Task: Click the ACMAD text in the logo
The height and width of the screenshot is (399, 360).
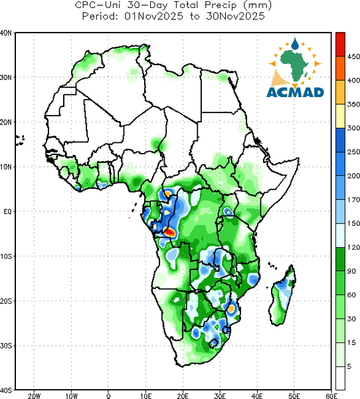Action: [x=296, y=92]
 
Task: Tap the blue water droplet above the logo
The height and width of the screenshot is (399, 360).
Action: [x=295, y=43]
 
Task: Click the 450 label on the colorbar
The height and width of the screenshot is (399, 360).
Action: [x=353, y=57]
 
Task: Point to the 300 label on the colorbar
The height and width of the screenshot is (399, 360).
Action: [x=353, y=128]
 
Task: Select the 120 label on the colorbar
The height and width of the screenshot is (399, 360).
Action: [x=353, y=247]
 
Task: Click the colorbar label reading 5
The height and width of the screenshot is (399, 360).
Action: [x=349, y=366]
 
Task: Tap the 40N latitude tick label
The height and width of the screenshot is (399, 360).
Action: [x=6, y=33]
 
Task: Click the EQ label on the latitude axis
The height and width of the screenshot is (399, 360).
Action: [x=7, y=211]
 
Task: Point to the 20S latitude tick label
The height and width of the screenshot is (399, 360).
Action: [x=6, y=301]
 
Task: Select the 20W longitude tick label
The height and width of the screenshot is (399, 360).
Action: [x=34, y=396]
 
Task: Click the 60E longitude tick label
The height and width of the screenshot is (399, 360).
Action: [x=331, y=396]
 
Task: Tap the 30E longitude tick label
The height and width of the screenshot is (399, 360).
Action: [x=220, y=396]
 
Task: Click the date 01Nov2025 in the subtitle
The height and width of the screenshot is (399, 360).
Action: [x=154, y=16]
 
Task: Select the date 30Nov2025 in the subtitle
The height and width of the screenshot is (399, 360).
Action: [x=235, y=16]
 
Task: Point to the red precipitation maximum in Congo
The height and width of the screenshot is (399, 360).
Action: [x=169, y=232]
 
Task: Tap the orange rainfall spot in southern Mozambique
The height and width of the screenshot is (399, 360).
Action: [x=231, y=309]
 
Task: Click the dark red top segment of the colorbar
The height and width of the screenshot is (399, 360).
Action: [x=340, y=45]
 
